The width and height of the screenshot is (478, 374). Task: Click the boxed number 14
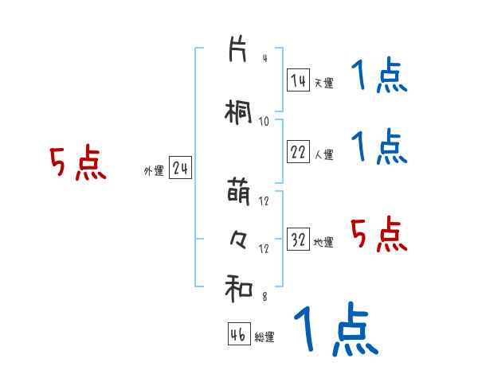pyautogui.click(x=298, y=80)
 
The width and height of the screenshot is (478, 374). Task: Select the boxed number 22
pyautogui.click(x=298, y=152)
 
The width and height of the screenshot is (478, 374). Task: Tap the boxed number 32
pyautogui.click(x=298, y=240)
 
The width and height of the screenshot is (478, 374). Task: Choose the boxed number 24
pyautogui.click(x=180, y=169)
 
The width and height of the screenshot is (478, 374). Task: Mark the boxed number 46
pyautogui.click(x=239, y=335)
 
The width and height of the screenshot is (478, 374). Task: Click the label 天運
pyautogui.click(x=323, y=83)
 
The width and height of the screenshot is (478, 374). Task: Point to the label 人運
pyautogui.click(x=323, y=154)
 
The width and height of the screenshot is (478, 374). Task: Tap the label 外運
pyautogui.click(x=154, y=171)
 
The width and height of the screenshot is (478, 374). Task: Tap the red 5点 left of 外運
pyautogui.click(x=77, y=163)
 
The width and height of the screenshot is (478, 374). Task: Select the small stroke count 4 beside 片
pyautogui.click(x=264, y=58)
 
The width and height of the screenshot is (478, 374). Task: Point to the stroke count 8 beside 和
pyautogui.click(x=264, y=297)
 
